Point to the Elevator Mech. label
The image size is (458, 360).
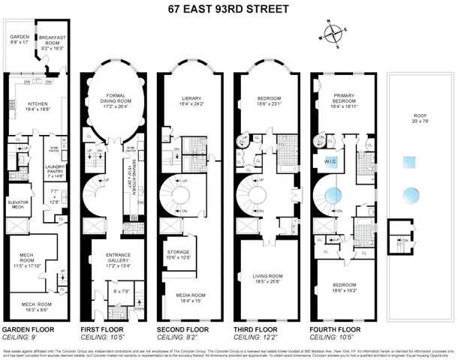pos(18,204)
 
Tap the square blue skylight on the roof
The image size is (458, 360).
pos(410,161)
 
